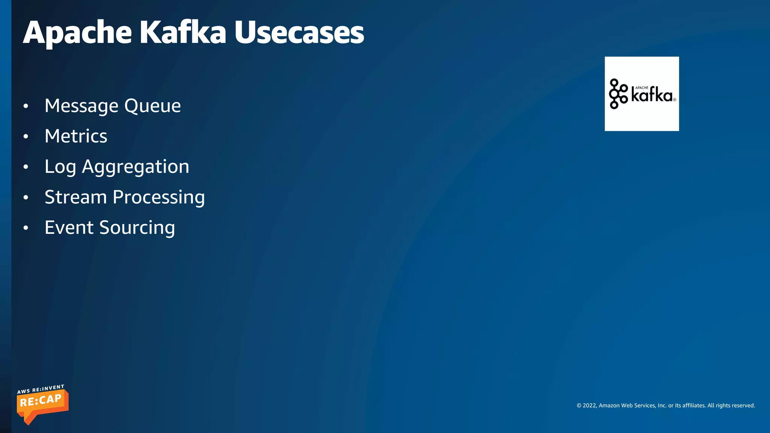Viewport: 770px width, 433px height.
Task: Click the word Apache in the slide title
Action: point(77,33)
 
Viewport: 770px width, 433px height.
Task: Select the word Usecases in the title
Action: point(299,33)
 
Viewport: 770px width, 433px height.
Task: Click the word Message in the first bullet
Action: point(81,106)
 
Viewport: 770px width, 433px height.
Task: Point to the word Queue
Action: point(152,106)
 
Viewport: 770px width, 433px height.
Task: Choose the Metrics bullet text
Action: point(76,136)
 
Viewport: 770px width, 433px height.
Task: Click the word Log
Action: point(60,167)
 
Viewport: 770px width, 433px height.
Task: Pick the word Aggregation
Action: point(135,167)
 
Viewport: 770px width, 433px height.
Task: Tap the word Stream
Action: point(76,197)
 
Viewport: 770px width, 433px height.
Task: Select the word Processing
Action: point(159,198)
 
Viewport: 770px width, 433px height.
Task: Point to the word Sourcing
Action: point(137,228)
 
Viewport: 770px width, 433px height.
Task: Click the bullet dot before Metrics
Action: point(26,136)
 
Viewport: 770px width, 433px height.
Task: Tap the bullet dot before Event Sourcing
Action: point(26,228)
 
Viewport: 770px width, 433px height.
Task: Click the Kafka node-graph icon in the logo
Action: point(618,94)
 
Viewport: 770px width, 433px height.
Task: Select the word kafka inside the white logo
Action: point(652,95)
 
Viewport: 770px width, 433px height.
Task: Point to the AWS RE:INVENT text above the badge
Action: point(41,389)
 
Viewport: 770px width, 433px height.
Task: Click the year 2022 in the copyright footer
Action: point(589,406)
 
